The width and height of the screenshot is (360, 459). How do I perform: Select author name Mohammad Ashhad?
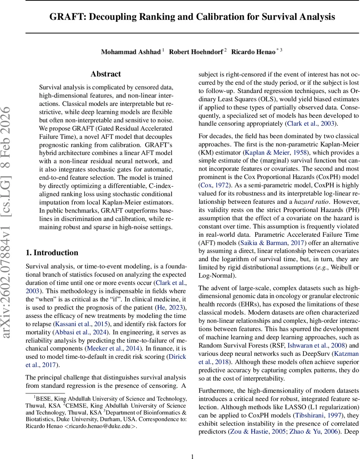[131, 52]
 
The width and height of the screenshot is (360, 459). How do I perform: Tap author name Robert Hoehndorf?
[196, 52]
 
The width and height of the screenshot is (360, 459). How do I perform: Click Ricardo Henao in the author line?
[253, 52]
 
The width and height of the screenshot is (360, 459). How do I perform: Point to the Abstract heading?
[106, 74]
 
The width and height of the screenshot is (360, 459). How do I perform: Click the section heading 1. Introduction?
[52, 253]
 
